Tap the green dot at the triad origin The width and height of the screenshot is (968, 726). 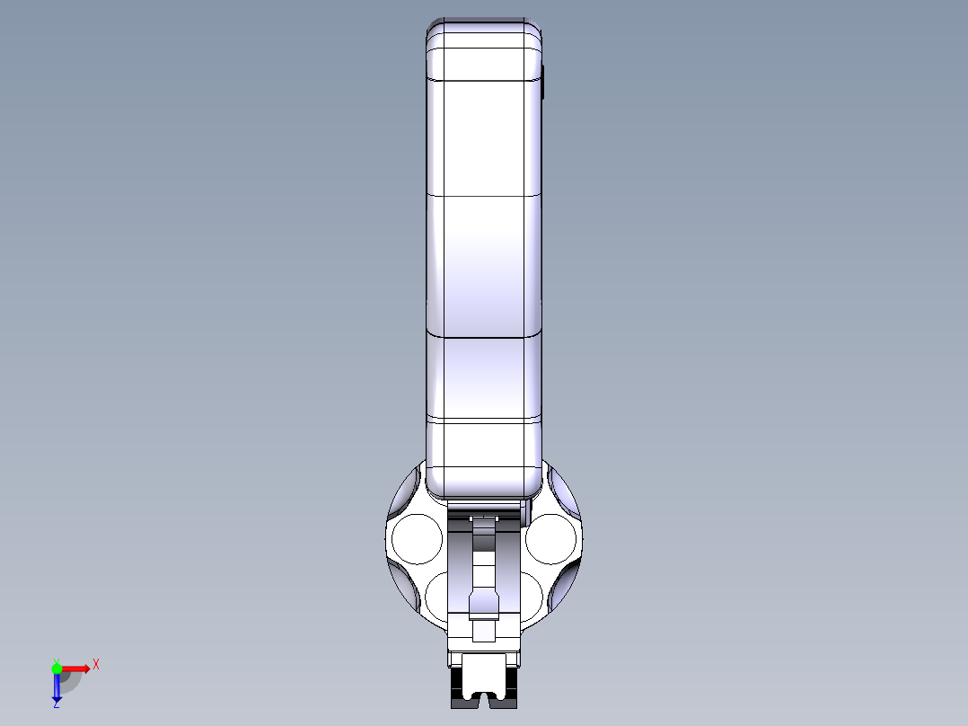click(x=57, y=668)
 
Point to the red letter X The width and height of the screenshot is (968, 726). click(x=96, y=665)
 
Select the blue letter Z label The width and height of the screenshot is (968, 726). click(x=57, y=704)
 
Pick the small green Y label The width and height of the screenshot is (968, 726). click(x=57, y=661)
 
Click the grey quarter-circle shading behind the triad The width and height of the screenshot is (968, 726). click(x=70, y=682)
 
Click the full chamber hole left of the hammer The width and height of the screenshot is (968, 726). click(x=418, y=539)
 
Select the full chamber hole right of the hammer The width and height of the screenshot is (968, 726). click(x=550, y=539)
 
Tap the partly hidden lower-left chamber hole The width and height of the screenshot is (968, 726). click(x=436, y=597)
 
